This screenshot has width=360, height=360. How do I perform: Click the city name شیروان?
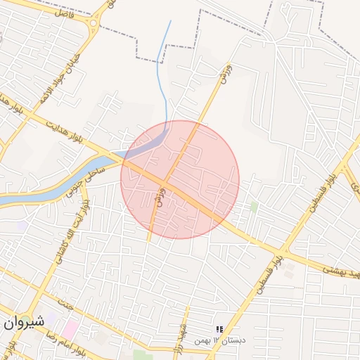tap(22, 321)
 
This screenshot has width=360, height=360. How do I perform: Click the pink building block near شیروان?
tap(71, 328)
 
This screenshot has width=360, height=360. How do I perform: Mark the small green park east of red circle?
tap(253, 207)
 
